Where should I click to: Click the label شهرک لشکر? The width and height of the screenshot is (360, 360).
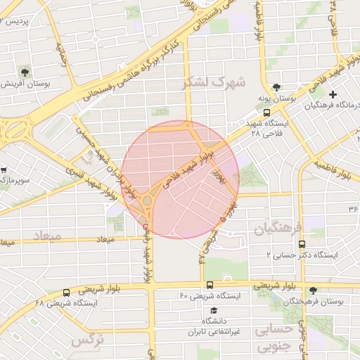[214, 83]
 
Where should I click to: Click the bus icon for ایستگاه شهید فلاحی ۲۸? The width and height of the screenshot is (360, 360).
[266, 112]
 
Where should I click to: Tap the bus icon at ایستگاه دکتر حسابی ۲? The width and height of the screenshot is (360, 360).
[302, 244]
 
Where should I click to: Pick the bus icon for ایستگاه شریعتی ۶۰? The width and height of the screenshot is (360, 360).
[210, 285]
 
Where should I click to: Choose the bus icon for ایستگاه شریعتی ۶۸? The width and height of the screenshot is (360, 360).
[67, 292]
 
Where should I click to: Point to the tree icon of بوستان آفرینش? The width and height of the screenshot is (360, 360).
[26, 72]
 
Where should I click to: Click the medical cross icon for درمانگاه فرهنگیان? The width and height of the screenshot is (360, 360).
[333, 94]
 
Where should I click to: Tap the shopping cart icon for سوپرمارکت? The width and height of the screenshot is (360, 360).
[4, 170]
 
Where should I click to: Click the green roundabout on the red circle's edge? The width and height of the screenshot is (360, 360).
[147, 202]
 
